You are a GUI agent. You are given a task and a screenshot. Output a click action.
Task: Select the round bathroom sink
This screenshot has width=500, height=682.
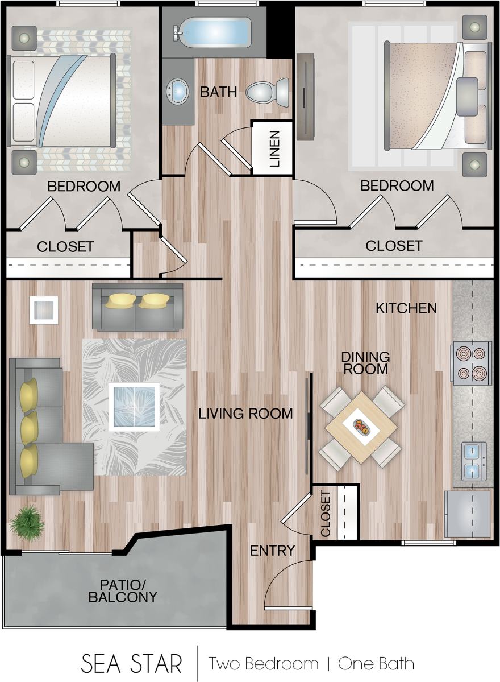(178, 91)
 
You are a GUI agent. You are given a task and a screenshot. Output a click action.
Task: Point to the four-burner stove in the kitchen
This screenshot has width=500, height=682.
(471, 362)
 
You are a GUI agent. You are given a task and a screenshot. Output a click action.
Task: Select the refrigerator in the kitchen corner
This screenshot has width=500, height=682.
(468, 514)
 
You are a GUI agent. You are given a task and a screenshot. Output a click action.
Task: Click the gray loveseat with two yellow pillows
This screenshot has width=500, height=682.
(137, 307)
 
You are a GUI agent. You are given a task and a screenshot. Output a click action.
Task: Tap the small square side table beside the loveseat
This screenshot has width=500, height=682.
(44, 310)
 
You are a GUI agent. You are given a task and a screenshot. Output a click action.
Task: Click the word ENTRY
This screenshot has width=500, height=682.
(272, 550)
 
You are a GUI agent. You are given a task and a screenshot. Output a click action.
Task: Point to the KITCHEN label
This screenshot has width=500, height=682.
(406, 308)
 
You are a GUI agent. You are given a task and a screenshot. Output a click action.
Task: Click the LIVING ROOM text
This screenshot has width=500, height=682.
(245, 414)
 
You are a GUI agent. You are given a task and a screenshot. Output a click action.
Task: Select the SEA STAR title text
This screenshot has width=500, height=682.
(131, 663)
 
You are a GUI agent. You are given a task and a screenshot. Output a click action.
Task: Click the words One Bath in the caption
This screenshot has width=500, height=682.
(376, 663)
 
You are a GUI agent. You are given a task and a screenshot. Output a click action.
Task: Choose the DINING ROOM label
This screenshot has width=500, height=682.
(365, 362)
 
